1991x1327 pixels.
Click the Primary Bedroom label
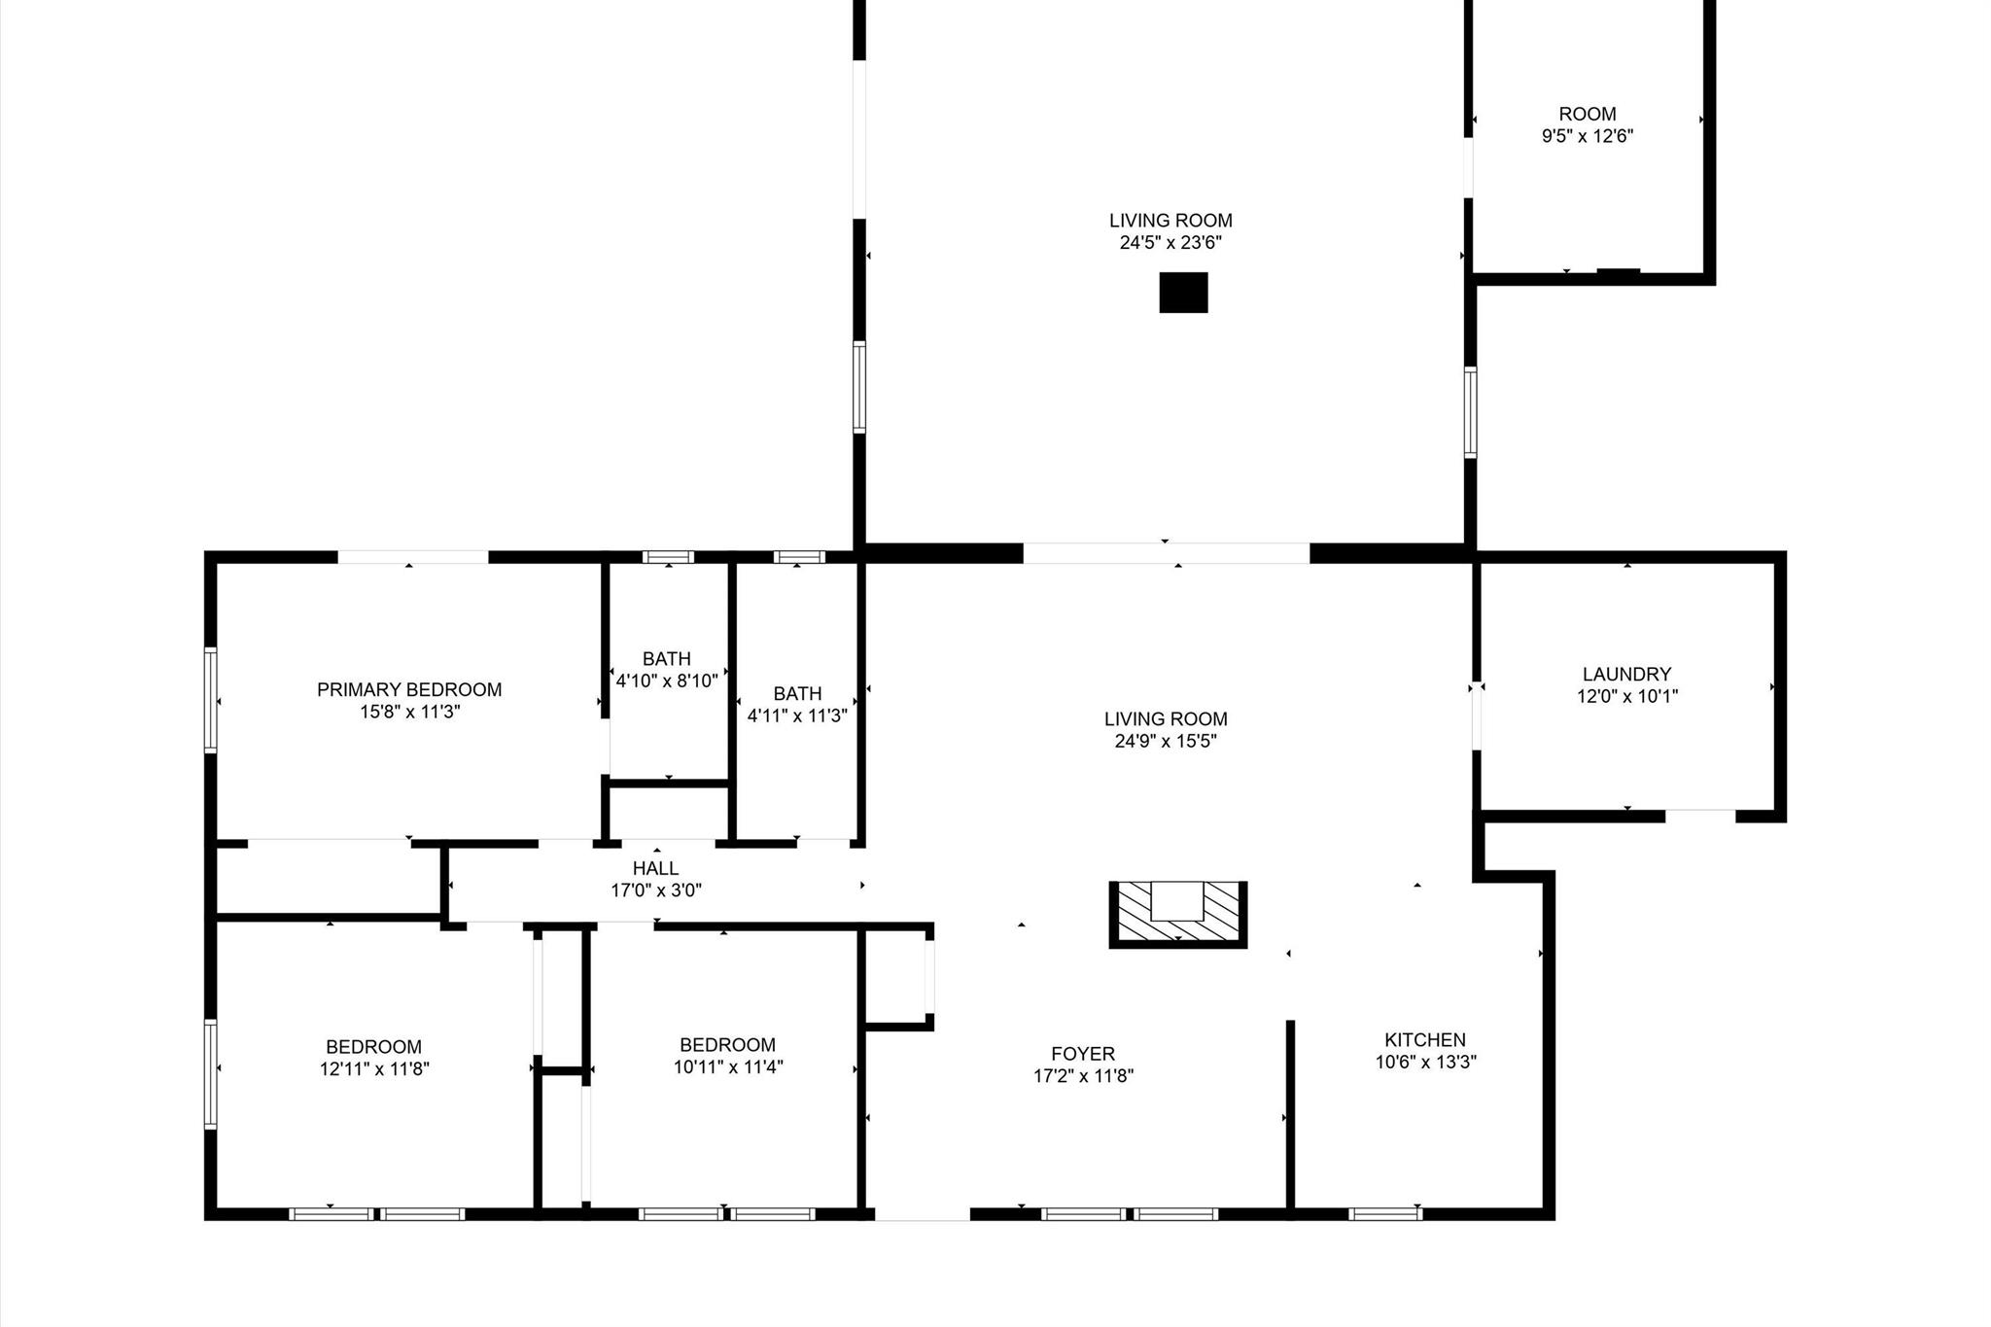409,689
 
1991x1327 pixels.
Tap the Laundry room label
1626,674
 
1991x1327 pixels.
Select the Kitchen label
1425,1039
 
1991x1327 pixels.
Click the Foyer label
1083,1054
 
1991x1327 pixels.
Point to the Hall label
655,868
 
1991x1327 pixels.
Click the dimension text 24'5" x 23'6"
1170,243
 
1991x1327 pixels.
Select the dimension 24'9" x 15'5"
1166,742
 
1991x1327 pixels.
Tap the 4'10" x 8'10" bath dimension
667,681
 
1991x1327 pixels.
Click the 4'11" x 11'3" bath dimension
797,716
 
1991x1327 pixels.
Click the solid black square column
1183,293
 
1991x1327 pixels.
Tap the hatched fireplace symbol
1177,915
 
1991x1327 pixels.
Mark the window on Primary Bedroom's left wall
210,699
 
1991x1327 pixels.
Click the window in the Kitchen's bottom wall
1385,1213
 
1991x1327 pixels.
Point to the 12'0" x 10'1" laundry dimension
1627,697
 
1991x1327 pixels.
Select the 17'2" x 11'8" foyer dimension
1083,1076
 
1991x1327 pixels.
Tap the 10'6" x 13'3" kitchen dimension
1425,1063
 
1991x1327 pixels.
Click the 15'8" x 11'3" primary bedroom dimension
409,713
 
